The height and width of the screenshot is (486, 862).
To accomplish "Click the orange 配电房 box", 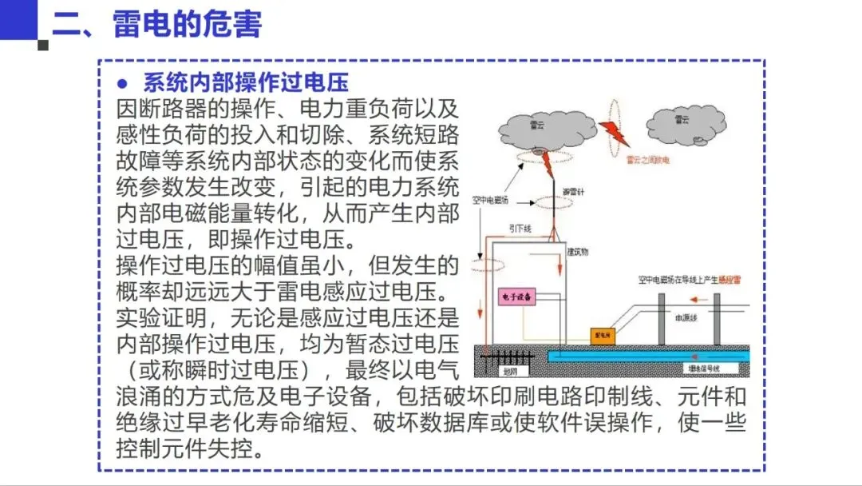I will pos(601,335).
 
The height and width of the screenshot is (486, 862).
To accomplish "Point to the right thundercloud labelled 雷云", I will pos(685,122).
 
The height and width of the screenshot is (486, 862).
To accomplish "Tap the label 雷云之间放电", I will pos(646,161).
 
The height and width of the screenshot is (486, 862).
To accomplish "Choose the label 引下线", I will pos(520,228).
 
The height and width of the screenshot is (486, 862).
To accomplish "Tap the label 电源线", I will pos(686,317).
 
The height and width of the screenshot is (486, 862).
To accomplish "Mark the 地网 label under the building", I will pos(510,370).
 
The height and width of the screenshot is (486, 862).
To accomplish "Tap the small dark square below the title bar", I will pos(43,45).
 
